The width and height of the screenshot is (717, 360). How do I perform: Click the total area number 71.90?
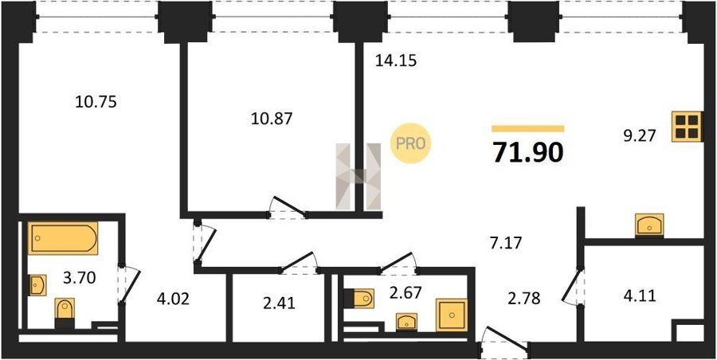pyautogui.click(x=527, y=153)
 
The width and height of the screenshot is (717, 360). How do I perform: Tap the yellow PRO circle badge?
pyautogui.click(x=410, y=143)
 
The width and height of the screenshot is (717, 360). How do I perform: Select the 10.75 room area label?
pyautogui.click(x=96, y=102)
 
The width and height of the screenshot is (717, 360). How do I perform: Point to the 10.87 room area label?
pyautogui.click(x=271, y=119)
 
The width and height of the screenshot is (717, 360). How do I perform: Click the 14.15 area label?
pyautogui.click(x=396, y=60)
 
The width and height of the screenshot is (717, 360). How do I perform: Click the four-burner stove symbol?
pyautogui.click(x=688, y=127)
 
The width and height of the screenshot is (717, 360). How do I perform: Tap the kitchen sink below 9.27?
pyautogui.click(x=649, y=225)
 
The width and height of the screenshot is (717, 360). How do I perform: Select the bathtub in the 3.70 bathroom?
pyautogui.click(x=63, y=238)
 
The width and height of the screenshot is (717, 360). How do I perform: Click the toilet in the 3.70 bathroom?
pyautogui.click(x=65, y=312)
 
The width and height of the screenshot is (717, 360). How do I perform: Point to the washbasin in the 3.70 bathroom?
pyautogui.click(x=38, y=285)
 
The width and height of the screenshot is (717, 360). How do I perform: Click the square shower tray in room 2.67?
pyautogui.click(x=452, y=315)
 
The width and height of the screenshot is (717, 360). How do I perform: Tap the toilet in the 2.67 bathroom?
pyautogui.click(x=358, y=298)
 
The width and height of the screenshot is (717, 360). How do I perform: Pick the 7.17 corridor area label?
pyautogui.click(x=506, y=241)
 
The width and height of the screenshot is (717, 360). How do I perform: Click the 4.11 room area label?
pyautogui.click(x=640, y=296)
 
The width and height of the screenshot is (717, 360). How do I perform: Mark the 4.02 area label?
pyautogui.click(x=172, y=300)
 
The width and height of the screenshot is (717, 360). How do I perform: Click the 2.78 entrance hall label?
pyautogui.click(x=524, y=299)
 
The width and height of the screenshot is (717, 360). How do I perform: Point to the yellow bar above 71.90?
pyautogui.click(x=527, y=128)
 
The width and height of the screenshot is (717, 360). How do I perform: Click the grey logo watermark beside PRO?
pyautogui.click(x=358, y=177)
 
